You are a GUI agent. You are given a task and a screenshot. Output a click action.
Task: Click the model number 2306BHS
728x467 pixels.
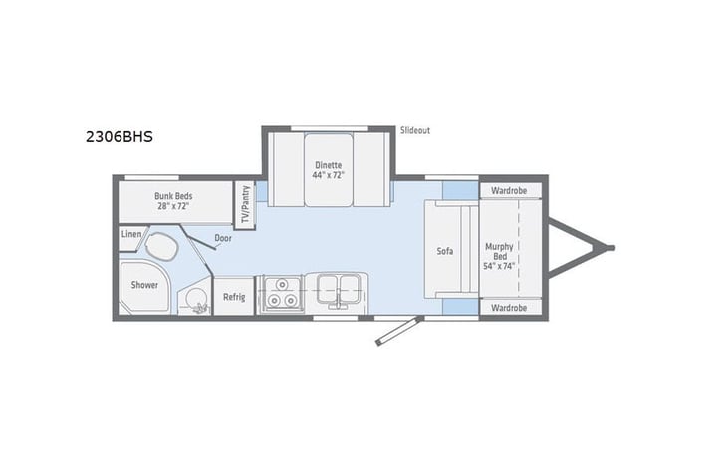tap(119, 138)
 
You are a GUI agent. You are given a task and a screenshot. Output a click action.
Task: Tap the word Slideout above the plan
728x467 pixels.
tap(414, 130)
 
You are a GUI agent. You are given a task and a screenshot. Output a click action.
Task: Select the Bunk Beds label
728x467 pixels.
tap(173, 196)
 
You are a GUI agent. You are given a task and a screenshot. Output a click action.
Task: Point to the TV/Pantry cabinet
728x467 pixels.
tap(244, 204)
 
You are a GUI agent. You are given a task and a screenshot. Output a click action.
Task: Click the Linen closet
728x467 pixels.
tap(131, 234)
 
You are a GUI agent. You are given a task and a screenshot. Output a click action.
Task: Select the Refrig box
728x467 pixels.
tap(234, 296)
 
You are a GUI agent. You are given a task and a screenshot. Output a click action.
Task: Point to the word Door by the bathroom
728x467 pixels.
tap(224, 239)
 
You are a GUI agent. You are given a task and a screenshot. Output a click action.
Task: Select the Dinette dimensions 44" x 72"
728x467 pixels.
tap(329, 175)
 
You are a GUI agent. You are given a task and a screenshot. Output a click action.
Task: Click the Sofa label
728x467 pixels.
tap(445, 251)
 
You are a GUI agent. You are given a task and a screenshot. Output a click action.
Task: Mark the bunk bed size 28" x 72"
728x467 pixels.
tap(173, 207)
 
